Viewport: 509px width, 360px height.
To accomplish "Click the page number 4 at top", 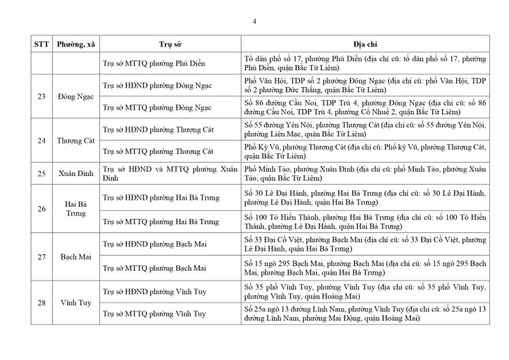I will pyautogui.click(x=255, y=23).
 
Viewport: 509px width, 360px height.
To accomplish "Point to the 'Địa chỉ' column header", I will pyautogui.click(x=365, y=45).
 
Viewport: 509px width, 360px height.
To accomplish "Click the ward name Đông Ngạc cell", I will pyautogui.click(x=75, y=96).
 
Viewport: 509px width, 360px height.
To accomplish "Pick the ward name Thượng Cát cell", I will pyautogui.click(x=75, y=141).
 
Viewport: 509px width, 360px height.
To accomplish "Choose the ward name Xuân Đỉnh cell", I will pyautogui.click(x=75, y=174).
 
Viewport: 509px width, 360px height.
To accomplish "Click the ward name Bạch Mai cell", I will pyautogui.click(x=75, y=257).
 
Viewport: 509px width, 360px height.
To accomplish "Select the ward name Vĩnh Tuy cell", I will pyautogui.click(x=75, y=303).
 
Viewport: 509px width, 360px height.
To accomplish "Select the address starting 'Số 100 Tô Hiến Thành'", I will pyautogui.click(x=365, y=221).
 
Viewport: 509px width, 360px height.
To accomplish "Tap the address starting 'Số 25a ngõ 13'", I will pyautogui.click(x=365, y=313).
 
